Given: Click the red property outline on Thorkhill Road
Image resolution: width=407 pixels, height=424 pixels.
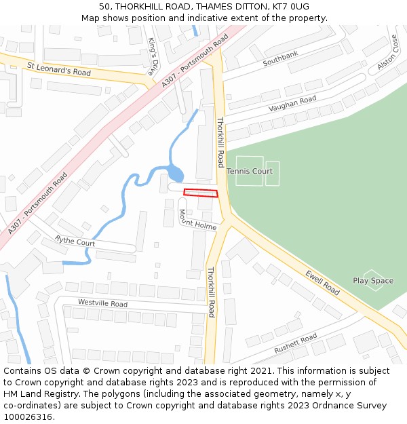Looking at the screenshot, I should coord(201,193).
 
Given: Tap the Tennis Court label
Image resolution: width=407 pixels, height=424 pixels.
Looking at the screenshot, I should coord(250,172).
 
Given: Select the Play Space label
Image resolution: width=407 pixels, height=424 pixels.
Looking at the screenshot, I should coord(373,281).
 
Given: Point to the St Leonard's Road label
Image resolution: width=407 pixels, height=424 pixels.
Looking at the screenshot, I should coord(59,69).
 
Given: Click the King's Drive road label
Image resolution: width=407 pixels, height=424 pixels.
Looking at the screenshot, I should coord(153,56).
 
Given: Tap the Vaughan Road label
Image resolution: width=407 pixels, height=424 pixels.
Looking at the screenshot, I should coord(292,104).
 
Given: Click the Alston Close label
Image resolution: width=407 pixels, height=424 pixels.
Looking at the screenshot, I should coord(387,53).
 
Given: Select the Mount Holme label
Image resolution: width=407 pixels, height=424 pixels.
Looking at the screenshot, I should coord(197,220).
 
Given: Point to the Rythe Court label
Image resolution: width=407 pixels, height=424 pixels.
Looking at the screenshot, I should coord(75,242).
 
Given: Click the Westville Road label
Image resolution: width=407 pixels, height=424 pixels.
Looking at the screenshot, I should coord(102,303).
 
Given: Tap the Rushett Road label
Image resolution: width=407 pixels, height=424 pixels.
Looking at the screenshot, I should coord(295,343).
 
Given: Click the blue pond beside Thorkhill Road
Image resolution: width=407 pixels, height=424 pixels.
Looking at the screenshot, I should coord(175,174).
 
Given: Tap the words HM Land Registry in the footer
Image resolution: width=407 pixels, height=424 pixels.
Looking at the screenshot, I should coord(37,394).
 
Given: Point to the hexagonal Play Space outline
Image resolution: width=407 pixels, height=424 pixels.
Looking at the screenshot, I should coord(373,280).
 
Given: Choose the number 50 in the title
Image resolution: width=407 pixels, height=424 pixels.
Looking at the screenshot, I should coord(104,6).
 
